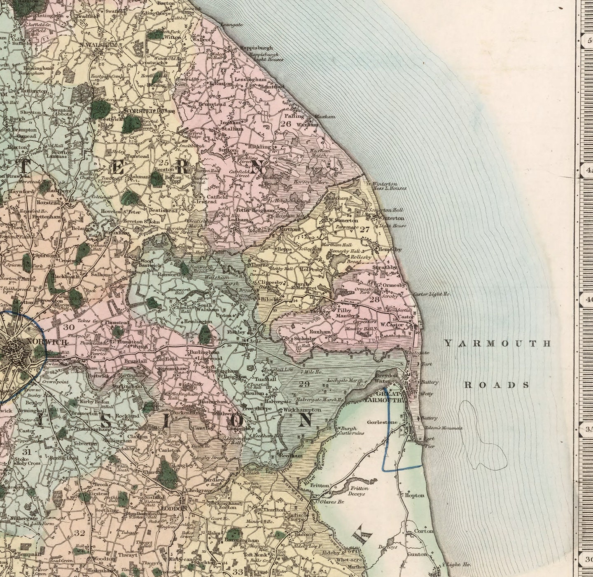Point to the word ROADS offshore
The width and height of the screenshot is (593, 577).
(x=497, y=385)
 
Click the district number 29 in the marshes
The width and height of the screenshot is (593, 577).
(x=304, y=384)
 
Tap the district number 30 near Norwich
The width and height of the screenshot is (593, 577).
(x=69, y=327)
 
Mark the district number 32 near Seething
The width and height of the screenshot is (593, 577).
(x=79, y=533)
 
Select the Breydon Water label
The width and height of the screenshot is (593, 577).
(x=386, y=378)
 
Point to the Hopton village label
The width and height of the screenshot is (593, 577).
(x=414, y=495)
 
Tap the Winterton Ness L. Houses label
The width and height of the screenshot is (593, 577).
(x=388, y=186)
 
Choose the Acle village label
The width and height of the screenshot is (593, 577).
(x=253, y=341)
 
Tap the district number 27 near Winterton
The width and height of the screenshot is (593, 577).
(x=364, y=230)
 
